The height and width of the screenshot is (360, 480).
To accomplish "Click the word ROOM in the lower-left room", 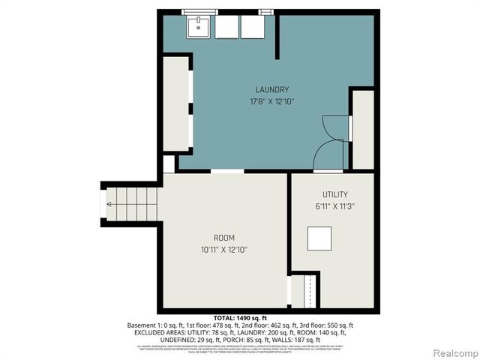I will pos(223,238).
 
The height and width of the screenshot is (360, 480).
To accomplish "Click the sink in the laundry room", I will pos(199,27).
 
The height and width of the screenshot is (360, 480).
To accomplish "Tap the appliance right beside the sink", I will pos(226,27).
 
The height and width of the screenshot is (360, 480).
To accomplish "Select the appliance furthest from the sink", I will pos(250,27).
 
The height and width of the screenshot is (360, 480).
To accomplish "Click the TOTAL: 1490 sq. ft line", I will pos(239,318).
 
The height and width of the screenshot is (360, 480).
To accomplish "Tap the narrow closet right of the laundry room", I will pos(363,129).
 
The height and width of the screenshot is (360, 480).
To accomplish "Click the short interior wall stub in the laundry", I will pos(277,36).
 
